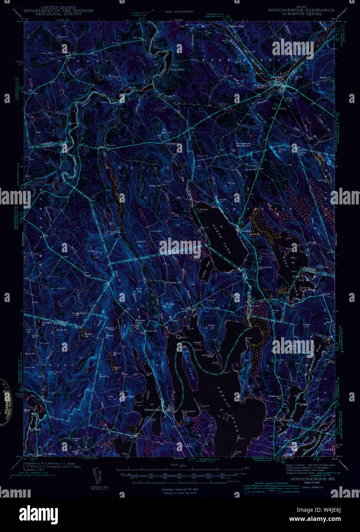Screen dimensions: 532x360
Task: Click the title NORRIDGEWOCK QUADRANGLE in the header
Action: (x=301, y=10)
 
